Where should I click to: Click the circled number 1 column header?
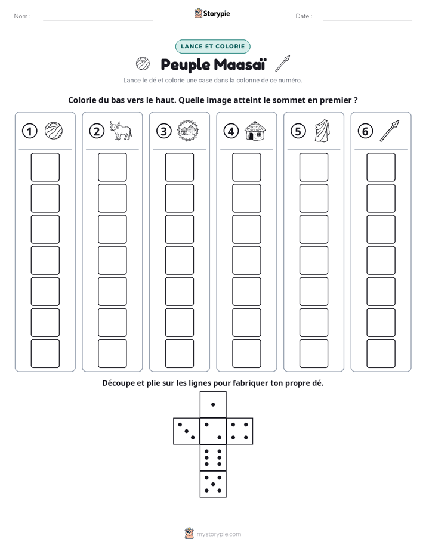tap(29, 131)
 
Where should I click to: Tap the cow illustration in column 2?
tap(121, 131)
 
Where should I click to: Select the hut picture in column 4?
tap(255, 131)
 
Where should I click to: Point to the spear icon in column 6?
tap(390, 131)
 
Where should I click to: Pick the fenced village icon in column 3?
tap(188, 131)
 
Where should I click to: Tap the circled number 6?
tap(365, 131)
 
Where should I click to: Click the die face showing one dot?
tap(213, 404)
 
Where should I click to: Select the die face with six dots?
tap(213, 457)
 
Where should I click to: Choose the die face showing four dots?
tap(240, 431)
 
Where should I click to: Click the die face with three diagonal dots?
tap(187, 431)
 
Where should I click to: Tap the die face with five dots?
tap(213, 484)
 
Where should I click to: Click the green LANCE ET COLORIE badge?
tap(212, 47)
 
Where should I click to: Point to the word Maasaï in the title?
tap(240, 64)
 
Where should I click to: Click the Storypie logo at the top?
tap(212, 13)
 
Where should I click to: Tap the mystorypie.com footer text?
tap(218, 534)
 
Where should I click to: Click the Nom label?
tap(22, 16)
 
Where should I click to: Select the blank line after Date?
tap(368, 20)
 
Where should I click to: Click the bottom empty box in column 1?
tap(45, 354)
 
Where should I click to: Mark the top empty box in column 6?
tap(381, 167)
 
